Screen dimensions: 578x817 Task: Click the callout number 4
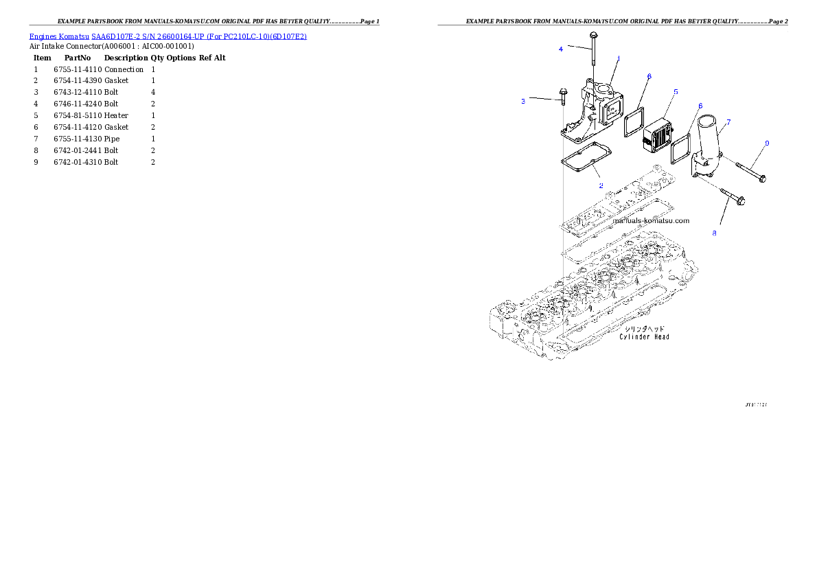pyautogui.click(x=561, y=49)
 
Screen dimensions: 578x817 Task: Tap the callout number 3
pyautogui.click(x=523, y=102)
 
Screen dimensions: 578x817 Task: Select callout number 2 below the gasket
pyautogui.click(x=601, y=185)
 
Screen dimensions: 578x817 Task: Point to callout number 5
pyautogui.click(x=676, y=91)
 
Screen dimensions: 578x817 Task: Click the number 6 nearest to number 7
pyautogui.click(x=700, y=106)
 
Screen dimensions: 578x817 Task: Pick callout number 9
pyautogui.click(x=767, y=143)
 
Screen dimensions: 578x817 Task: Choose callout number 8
pyautogui.click(x=714, y=233)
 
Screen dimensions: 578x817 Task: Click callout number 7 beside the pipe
pyautogui.click(x=728, y=122)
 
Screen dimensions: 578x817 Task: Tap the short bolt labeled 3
pyautogui.click(x=562, y=96)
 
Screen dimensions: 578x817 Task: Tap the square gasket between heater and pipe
pyautogui.click(x=680, y=149)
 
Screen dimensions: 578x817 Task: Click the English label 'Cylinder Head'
pyautogui.click(x=644, y=337)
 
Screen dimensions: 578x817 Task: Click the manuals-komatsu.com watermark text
pyautogui.click(x=651, y=221)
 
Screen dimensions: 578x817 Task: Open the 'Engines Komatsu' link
pyautogui.click(x=60, y=36)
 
